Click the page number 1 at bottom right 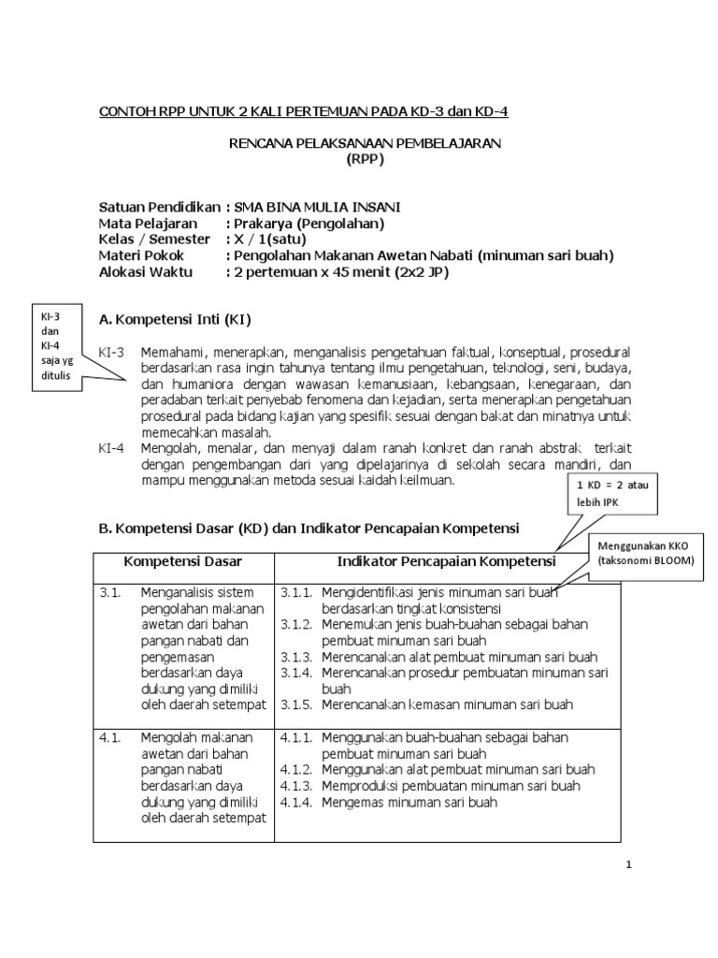(x=630, y=864)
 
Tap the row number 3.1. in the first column (x=109, y=592)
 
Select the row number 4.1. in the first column (x=109, y=737)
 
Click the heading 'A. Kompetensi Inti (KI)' (x=175, y=320)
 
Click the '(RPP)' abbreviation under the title (x=366, y=158)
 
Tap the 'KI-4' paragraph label (x=111, y=448)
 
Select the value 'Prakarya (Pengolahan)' (x=309, y=224)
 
